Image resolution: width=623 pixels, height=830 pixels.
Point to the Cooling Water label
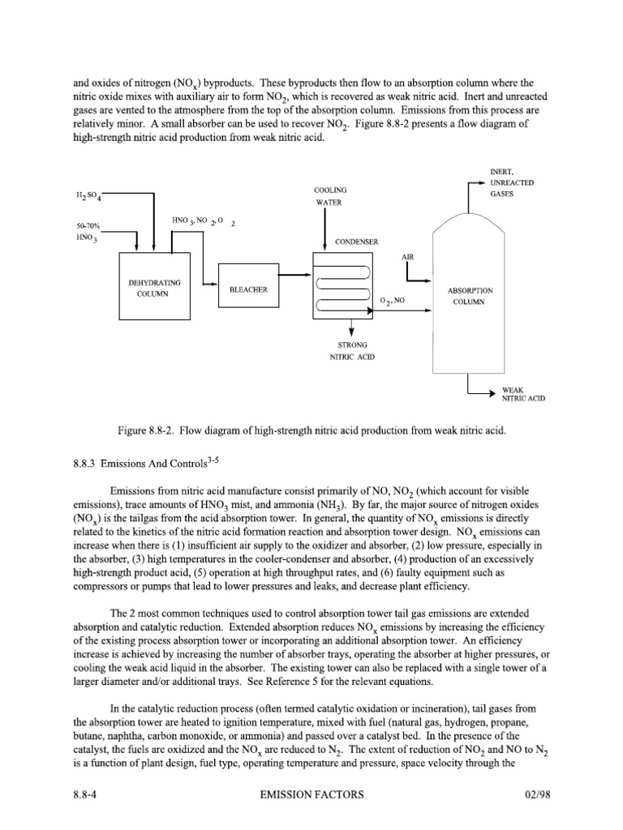pos(324,196)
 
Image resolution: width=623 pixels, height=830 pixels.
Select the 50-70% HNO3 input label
pos(84,230)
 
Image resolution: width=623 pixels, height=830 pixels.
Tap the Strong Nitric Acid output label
pos(351,351)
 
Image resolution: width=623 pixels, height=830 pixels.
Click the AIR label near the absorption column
pos(408,256)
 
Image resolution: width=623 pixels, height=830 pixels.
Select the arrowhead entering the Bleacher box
pos(214,285)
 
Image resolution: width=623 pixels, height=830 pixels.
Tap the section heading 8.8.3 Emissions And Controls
pos(145,463)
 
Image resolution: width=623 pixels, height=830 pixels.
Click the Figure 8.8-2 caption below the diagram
pos(311,430)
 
